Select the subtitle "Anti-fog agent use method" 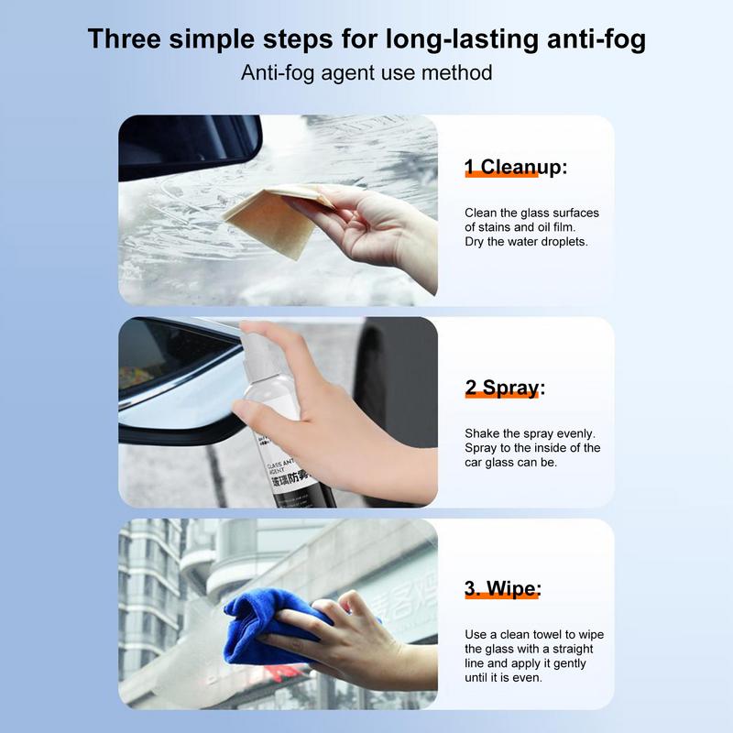(366, 72)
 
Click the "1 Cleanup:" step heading (516, 167)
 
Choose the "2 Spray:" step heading (504, 388)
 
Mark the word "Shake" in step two (482, 433)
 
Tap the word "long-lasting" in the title (435, 39)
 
